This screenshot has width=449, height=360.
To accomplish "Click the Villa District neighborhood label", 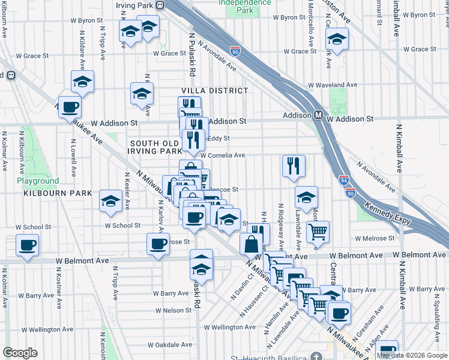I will click(214, 91).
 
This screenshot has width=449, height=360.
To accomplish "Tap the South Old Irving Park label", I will click(154, 148).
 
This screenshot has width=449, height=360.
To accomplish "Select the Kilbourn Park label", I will click(58, 193).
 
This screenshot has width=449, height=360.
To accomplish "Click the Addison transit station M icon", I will click(319, 115).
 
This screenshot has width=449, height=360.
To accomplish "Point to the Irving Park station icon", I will click(160, 5).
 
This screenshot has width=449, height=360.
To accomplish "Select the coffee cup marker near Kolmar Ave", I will click(28, 245).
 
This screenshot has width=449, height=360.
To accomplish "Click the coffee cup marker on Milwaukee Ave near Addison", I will click(70, 107).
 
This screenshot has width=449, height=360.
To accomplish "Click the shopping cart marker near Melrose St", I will click(318, 231).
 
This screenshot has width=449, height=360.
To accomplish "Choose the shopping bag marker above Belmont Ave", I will click(251, 244).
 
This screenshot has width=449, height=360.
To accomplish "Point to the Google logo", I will click(20, 352).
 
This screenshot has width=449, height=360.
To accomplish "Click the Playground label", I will click(38, 181).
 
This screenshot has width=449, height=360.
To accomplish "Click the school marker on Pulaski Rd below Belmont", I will click(202, 265).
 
